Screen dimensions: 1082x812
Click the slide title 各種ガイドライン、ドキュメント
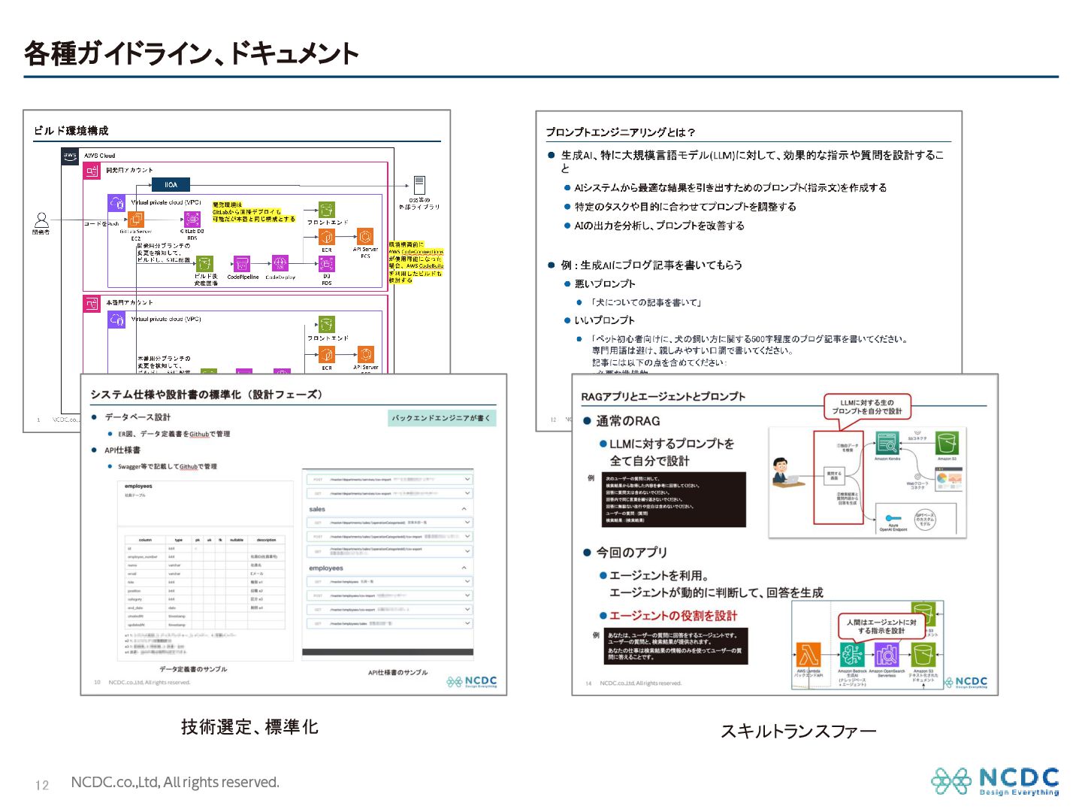coord(192,53)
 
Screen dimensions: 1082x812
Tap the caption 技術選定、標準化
coord(249,726)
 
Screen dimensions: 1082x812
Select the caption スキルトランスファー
coord(798,730)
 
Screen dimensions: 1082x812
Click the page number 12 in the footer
coord(42,785)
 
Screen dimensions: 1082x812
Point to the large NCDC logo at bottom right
coord(995,781)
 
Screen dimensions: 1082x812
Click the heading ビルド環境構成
coord(71,130)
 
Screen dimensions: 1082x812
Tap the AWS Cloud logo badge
coord(70,156)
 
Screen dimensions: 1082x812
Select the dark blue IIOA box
coord(171,185)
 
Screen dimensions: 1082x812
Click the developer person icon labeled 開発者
coord(41,220)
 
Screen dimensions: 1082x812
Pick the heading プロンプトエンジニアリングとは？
coord(621,132)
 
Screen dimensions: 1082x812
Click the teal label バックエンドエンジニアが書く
coord(441,418)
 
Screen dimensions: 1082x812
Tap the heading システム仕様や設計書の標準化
coord(207,394)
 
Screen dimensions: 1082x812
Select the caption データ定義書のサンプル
coord(193,668)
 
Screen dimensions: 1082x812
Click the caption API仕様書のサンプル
coord(397,672)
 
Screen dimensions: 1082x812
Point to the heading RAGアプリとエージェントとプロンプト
coord(663,396)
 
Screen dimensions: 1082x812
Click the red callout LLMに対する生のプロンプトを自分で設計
coord(866,407)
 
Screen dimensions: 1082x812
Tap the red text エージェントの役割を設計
coord(673,615)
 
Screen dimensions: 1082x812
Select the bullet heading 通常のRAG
coord(628,421)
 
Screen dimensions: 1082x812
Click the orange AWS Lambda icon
coord(808,654)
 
